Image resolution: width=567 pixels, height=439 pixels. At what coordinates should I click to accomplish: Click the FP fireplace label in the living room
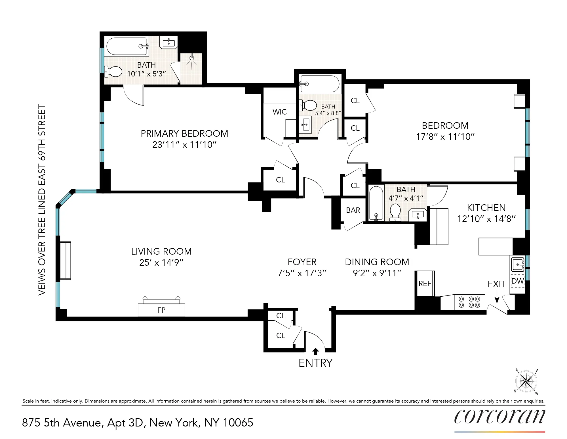pos(161,310)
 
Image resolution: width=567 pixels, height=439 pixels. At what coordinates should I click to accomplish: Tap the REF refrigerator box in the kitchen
pos(425,283)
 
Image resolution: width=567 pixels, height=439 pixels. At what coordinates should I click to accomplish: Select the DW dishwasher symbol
pos(518,281)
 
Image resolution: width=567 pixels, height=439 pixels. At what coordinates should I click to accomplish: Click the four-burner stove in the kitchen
pos(469,302)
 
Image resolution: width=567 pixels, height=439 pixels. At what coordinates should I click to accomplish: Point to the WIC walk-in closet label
pos(279,112)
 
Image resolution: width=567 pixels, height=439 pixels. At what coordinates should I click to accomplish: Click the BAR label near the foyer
pos(353,210)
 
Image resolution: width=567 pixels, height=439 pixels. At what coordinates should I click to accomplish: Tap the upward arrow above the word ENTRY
pos(315,351)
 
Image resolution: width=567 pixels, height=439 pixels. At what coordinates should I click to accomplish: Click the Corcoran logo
pos(499,417)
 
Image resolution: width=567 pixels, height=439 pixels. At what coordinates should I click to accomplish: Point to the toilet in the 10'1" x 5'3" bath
pos(113,72)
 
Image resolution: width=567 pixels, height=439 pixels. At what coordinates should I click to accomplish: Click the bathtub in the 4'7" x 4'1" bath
pos(376,203)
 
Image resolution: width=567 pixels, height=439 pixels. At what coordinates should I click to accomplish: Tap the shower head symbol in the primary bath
pos(192,58)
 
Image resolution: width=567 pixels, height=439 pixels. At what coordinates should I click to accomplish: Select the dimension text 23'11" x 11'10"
pos(184,145)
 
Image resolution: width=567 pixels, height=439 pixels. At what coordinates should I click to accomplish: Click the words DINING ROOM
pos(377,262)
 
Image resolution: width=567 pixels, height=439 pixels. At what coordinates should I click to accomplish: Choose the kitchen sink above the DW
pos(517,264)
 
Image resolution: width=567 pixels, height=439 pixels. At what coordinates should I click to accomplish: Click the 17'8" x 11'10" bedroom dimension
pos(445,137)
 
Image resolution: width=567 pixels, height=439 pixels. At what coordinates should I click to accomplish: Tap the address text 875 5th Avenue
pos(61,423)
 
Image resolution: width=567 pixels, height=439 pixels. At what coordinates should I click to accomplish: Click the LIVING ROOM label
pos(161,251)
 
